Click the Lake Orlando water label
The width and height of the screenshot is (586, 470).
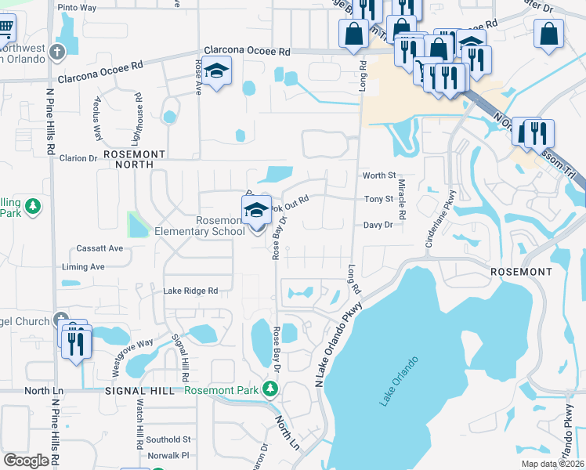click(399, 381)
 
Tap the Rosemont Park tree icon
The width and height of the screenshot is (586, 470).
click(270, 389)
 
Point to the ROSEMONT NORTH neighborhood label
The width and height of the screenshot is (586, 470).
click(132, 160)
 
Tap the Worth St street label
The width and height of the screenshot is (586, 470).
click(379, 176)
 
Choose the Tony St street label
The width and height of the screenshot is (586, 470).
click(378, 200)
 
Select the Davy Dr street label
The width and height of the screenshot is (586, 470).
click(377, 225)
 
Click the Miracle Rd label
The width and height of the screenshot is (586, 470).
click(402, 199)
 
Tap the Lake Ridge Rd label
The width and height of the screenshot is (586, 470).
click(190, 291)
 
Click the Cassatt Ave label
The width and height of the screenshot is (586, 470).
click(99, 248)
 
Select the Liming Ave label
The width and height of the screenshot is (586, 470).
click(83, 267)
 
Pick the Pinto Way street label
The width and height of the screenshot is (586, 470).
click(77, 7)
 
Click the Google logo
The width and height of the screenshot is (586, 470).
click(26, 461)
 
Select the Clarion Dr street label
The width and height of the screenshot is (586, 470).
click(78, 158)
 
